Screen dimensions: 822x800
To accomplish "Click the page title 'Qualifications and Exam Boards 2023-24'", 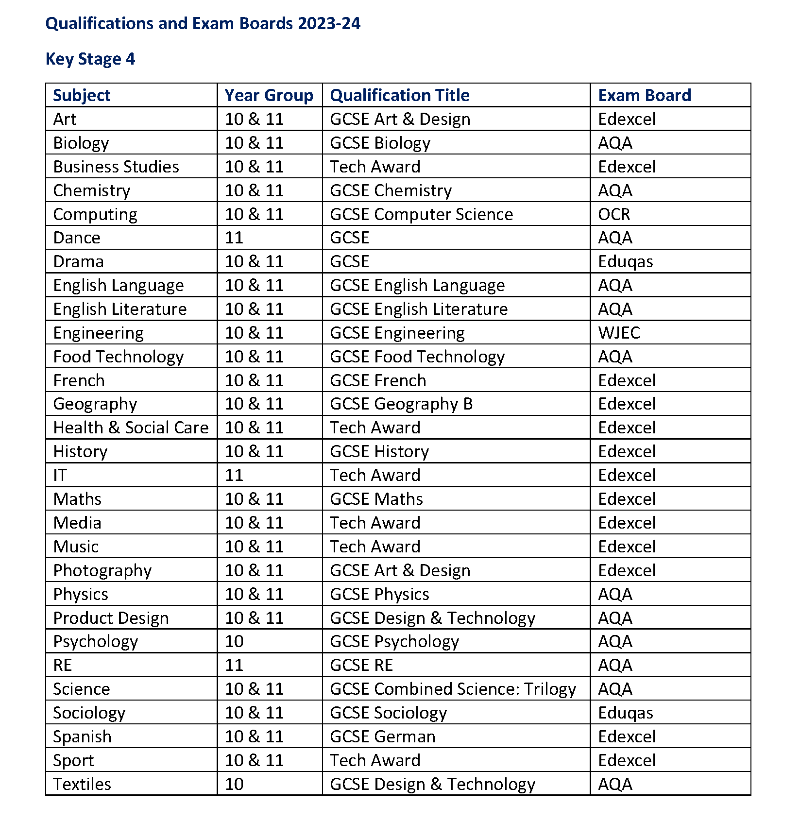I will click(203, 23).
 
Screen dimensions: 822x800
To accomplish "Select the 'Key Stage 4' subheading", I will click(90, 59).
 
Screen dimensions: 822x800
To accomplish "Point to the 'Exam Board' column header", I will click(644, 95).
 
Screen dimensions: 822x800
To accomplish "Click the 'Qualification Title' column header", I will click(399, 95).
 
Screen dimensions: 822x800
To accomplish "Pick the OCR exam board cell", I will click(614, 214).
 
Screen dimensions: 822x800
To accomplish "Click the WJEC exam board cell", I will click(619, 333).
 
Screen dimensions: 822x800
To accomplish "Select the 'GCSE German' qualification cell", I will click(382, 736).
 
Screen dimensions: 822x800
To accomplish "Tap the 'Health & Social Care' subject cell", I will click(131, 428).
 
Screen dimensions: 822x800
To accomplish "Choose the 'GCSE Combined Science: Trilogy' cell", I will click(453, 689).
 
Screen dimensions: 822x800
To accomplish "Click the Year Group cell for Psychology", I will click(234, 641).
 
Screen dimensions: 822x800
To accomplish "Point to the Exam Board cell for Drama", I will click(625, 261).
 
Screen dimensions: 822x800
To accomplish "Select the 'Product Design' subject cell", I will click(111, 618).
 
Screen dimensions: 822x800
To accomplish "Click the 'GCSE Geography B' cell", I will click(401, 404).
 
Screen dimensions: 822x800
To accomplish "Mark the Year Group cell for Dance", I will click(234, 238).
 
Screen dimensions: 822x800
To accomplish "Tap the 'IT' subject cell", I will click(60, 475).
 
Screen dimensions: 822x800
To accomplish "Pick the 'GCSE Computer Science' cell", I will click(421, 214).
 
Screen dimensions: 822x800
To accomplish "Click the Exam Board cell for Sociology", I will click(625, 713).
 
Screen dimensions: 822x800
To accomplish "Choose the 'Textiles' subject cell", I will click(82, 784).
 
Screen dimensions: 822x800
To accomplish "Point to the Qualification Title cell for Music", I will click(375, 547).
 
